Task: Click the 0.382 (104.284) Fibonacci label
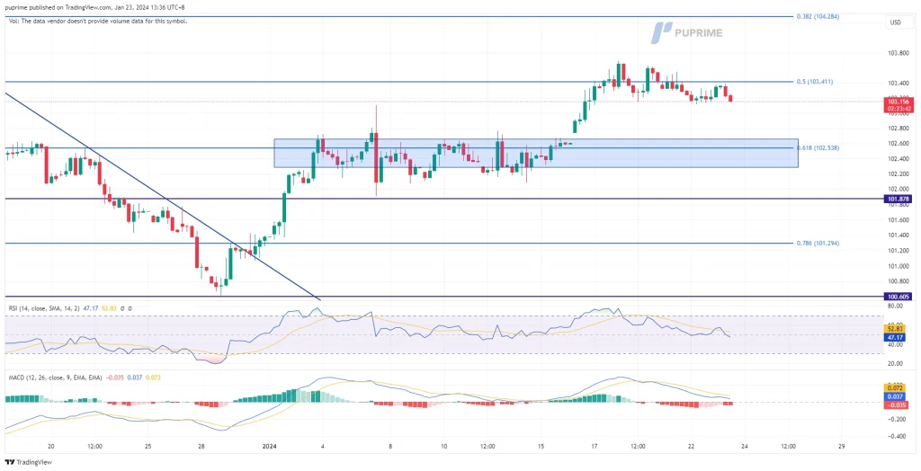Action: coord(818,16)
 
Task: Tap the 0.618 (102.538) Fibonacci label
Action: coord(818,147)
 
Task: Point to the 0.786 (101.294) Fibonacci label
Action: coord(818,243)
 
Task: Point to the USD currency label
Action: coord(895,22)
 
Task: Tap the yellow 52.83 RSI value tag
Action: coord(896,329)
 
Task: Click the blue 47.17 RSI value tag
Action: coord(896,337)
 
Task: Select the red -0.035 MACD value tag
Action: coord(896,404)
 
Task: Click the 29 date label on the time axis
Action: coord(841,444)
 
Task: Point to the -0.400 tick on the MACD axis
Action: coord(896,436)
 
